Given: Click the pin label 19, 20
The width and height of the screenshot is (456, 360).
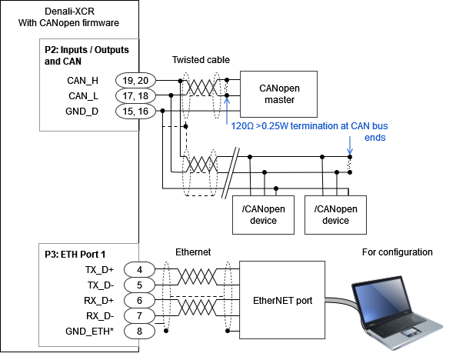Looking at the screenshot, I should (x=135, y=81).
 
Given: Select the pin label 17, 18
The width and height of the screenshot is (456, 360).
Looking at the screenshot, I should (x=135, y=96).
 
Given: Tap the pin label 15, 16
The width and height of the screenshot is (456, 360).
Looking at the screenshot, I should (x=135, y=112).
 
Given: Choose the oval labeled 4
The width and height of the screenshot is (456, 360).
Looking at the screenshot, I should (x=139, y=269).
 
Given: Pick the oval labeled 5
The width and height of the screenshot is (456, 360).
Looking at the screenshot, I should (x=139, y=285).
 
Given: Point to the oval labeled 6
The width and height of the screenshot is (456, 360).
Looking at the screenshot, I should (x=139, y=300).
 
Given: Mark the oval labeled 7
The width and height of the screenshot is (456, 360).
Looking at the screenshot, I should (x=139, y=315).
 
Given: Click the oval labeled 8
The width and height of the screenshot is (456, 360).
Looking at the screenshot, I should (x=139, y=331).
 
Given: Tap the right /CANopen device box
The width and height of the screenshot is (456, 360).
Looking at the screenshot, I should (x=335, y=215).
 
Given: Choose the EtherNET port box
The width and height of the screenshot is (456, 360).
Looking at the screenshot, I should (x=282, y=300).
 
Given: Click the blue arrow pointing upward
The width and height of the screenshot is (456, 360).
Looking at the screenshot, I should (x=227, y=109).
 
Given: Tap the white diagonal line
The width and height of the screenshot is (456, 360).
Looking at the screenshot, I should (x=229, y=174).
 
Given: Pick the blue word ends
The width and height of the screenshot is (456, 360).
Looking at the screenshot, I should (x=375, y=138).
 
